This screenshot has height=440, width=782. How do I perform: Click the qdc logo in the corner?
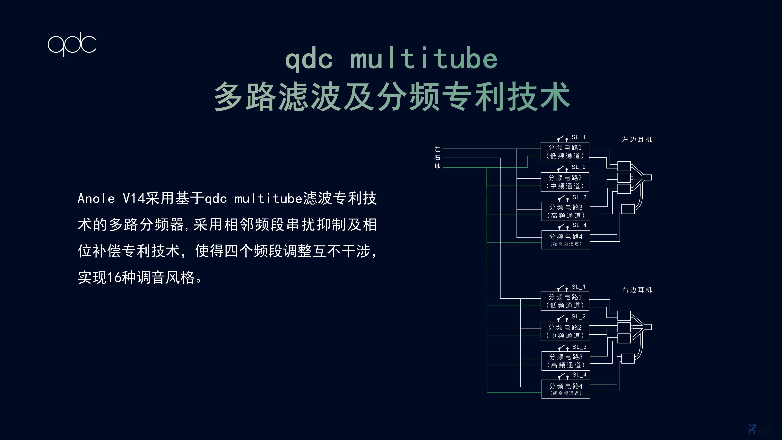pos(72,44)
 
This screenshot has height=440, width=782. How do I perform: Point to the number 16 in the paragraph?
pos(114,277)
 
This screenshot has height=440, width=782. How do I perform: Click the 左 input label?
pos(437,149)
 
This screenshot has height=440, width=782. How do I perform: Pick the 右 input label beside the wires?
pos(437,158)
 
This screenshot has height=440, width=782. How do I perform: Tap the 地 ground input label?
pos(437,167)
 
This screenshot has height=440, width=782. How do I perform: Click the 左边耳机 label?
pos(637,140)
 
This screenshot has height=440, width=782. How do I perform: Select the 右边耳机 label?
pos(637,290)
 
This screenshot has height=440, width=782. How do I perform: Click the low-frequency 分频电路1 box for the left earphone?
pos(565,152)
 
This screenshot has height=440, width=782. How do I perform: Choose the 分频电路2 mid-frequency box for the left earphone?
pos(565,182)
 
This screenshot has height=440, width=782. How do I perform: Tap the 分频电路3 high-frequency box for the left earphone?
pos(566,211)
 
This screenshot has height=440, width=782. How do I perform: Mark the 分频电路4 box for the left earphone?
pos(566,240)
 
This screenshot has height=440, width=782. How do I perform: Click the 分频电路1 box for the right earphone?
pos(565,301)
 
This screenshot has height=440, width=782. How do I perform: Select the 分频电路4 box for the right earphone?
pos(566,389)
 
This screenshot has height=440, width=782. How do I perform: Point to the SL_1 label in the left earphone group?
pos(578,137)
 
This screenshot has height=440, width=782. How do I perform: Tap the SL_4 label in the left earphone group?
pos(579,225)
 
